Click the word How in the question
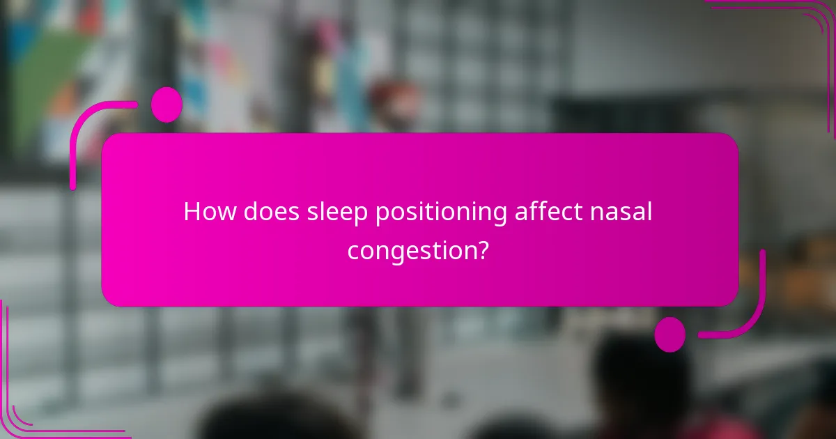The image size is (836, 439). pyautogui.click(x=209, y=213)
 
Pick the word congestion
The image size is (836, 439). pyautogui.click(x=409, y=250)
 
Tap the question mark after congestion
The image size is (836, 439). pyautogui.click(x=481, y=249)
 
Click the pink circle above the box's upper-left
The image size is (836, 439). pyautogui.click(x=167, y=105)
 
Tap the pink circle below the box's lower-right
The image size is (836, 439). pyautogui.click(x=670, y=334)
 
